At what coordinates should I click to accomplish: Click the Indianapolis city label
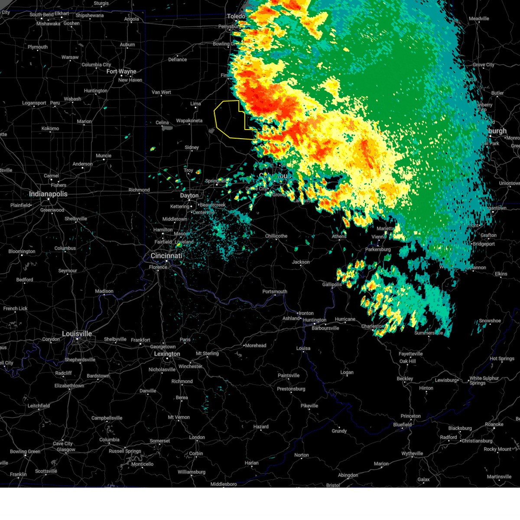point(48,194)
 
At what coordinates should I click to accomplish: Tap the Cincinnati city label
point(166,256)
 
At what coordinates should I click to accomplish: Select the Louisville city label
point(77,334)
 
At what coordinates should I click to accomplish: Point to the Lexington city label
point(167,354)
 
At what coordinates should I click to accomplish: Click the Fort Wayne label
point(121,71)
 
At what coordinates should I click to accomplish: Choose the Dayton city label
point(189,195)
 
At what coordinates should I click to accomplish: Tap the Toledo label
point(236,16)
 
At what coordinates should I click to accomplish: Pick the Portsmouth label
point(275,292)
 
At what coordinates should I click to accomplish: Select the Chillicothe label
point(276,236)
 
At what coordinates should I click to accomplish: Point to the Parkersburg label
point(378,250)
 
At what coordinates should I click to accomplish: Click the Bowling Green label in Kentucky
point(25,452)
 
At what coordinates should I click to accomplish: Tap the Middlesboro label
point(224,484)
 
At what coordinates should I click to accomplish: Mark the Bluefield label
point(402,425)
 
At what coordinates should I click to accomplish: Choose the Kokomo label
point(50,128)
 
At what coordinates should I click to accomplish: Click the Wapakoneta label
point(189,121)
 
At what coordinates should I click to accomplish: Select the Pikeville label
point(309,406)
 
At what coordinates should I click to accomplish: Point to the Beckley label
point(405,379)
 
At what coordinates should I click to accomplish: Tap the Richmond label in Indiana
point(139,190)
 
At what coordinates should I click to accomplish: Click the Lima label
point(196,104)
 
